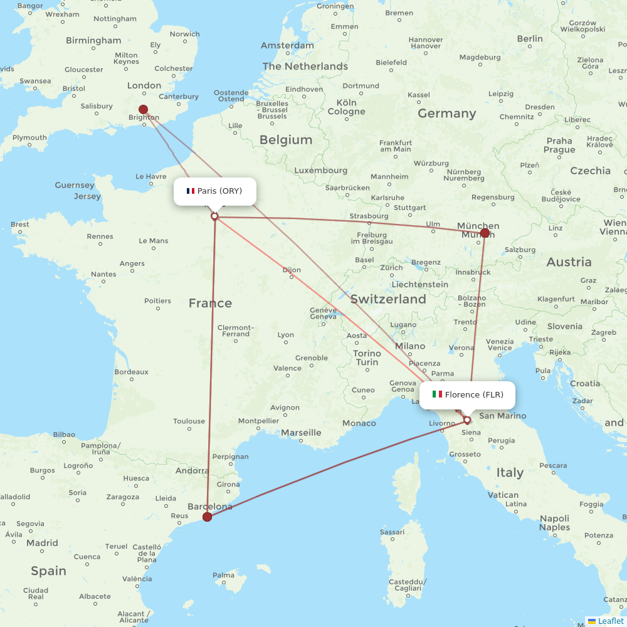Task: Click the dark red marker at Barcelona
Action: (208, 517)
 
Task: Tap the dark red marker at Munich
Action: (485, 233)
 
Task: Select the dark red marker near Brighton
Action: (144, 109)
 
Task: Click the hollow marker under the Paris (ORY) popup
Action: (214, 216)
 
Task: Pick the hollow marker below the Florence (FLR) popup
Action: (467, 420)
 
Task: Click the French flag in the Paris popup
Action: (191, 191)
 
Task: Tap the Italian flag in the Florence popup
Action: (437, 394)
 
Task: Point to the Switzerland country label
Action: (388, 299)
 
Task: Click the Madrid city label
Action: (42, 543)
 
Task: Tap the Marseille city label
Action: (302, 433)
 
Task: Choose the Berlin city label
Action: (530, 38)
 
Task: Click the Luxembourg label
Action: (320, 170)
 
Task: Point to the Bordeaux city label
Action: (131, 372)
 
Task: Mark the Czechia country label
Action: (590, 171)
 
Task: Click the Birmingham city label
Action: (94, 41)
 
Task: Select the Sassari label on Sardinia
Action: (393, 532)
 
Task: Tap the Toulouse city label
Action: (189, 421)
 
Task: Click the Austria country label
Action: (569, 261)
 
